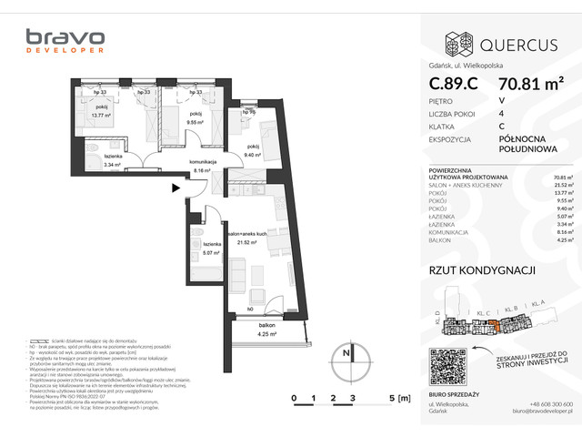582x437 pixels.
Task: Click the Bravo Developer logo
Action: (65, 42)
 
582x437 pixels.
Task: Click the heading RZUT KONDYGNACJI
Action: (481, 269)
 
